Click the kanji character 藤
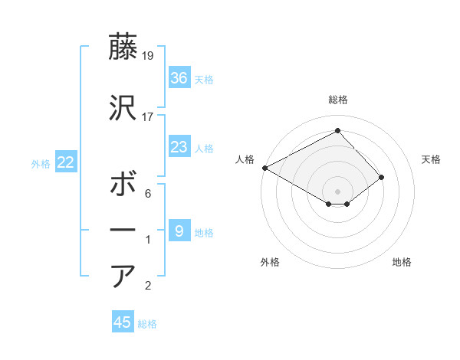[123, 47]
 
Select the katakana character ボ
[123, 185]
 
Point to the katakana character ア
[123, 276]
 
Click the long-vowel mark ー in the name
[123, 230]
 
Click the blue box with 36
[179, 78]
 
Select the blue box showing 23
[179, 147]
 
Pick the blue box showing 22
[65, 162]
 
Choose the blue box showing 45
[123, 322]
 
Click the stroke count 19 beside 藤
[149, 56]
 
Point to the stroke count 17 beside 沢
[149, 117]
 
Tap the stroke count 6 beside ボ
[148, 195]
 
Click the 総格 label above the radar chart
[337, 100]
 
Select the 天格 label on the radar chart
[432, 159]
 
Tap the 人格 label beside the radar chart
[245, 159]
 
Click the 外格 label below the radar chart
[270, 263]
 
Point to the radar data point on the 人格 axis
[264, 168]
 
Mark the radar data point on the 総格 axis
[337, 130]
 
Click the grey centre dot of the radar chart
[337, 191]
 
